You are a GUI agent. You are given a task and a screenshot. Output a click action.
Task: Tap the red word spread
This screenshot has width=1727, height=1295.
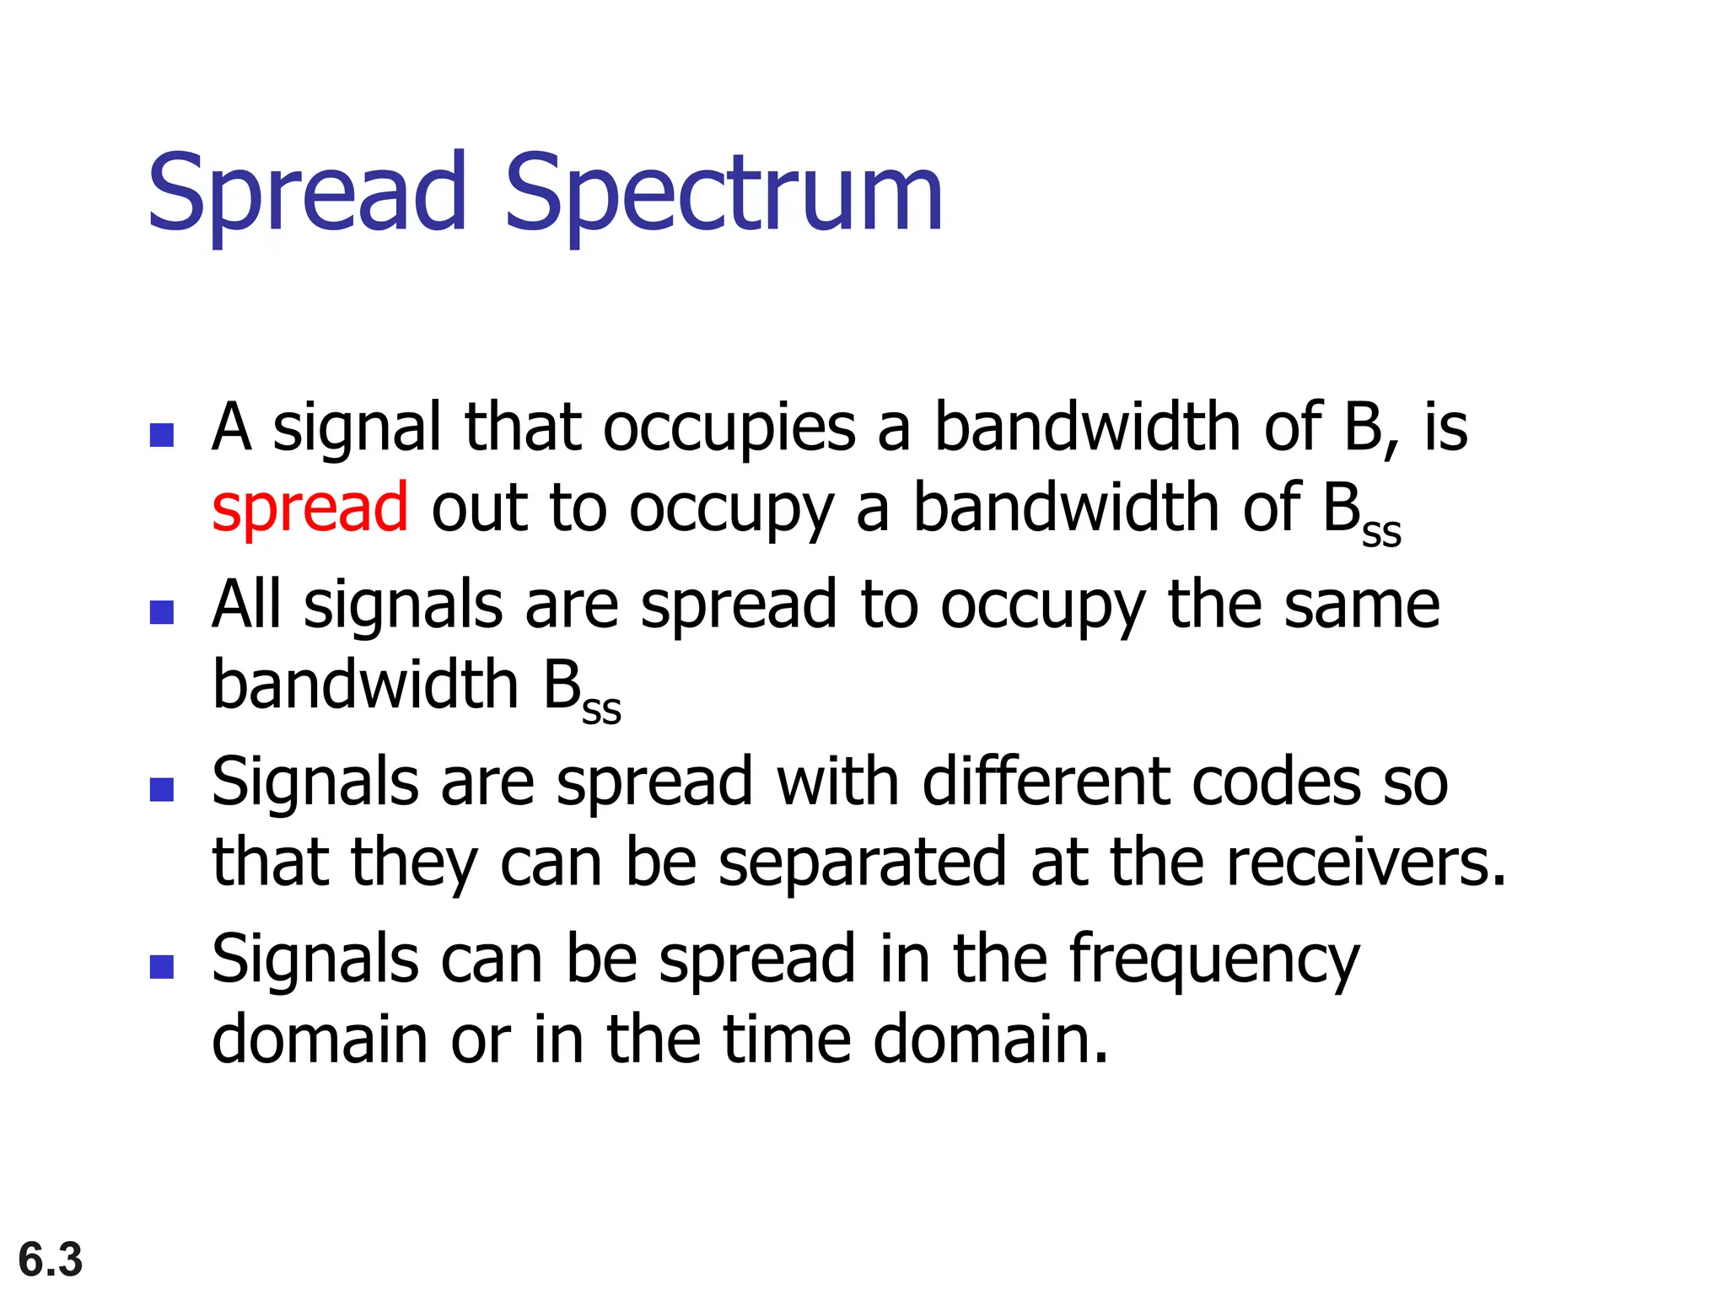tap(309, 508)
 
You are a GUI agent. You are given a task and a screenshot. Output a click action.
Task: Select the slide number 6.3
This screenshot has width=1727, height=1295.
tap(51, 1260)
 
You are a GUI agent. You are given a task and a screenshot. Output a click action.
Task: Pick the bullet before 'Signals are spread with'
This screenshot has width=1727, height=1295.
tap(161, 789)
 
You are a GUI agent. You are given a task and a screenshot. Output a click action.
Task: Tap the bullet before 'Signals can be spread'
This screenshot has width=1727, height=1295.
tap(161, 966)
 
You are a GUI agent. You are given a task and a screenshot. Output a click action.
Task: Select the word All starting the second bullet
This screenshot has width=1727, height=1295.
tap(246, 605)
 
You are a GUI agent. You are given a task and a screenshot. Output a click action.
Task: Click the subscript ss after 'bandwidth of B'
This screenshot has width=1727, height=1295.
tap(1381, 533)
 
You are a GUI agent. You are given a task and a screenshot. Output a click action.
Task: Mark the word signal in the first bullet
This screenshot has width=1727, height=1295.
tap(357, 429)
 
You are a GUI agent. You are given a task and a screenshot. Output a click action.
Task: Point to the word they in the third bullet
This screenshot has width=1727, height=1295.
tap(414, 864)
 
